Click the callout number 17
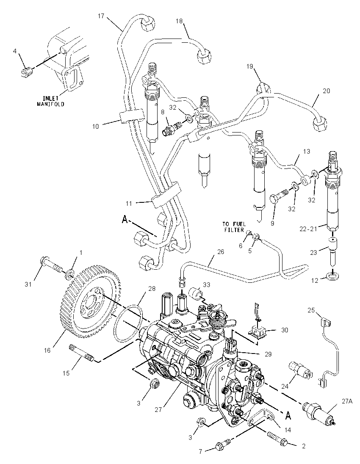coord(101,16)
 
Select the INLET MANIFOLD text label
coord(50,101)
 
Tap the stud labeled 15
coord(81,353)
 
